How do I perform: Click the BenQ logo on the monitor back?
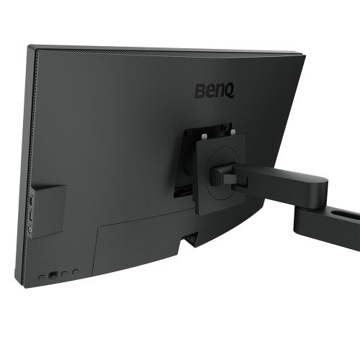pyautogui.click(x=215, y=91)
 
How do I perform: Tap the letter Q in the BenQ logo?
pyautogui.click(x=230, y=92)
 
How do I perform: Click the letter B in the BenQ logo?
pyautogui.click(x=200, y=91)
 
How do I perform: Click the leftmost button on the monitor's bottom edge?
pyautogui.click(x=42, y=276)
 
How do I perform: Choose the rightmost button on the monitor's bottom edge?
pyautogui.click(x=75, y=271)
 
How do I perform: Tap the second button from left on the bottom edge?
pyautogui.click(x=54, y=274)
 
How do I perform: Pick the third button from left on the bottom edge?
pyautogui.click(x=64, y=273)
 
